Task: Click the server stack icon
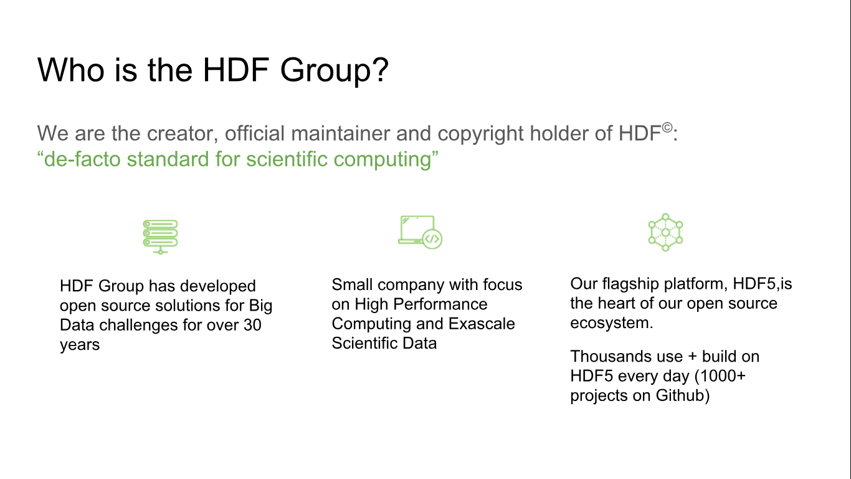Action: coord(160,236)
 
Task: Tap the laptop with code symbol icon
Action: coord(420,232)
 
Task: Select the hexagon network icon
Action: coord(665,232)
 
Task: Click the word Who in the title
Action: coord(70,70)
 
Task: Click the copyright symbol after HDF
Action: coord(667,128)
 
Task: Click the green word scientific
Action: coord(287,158)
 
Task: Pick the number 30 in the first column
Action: coord(252,325)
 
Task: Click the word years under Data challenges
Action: coord(80,345)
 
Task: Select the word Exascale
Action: coord(482,324)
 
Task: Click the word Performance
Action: coord(440,304)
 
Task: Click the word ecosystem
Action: coord(612,323)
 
